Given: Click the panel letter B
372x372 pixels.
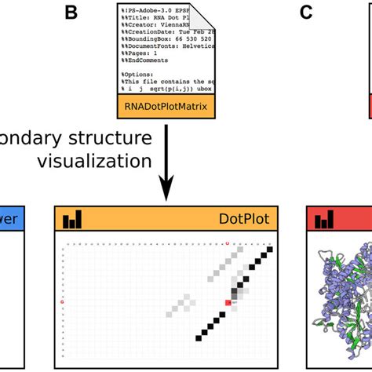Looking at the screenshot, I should (x=72, y=13).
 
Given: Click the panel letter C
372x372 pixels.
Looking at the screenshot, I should (x=307, y=13).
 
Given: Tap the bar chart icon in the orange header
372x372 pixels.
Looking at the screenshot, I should (x=72, y=220).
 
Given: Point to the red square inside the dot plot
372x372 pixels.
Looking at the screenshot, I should (x=228, y=302).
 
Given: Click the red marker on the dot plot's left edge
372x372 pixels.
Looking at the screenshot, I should (x=62, y=301).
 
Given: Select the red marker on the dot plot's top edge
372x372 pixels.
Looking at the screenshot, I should (x=228, y=243).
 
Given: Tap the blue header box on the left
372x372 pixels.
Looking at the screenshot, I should (x=14, y=221).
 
